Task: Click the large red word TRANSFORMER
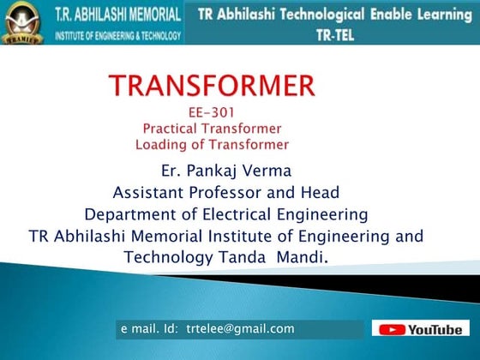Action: [x=212, y=86]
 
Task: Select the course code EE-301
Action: [x=211, y=111]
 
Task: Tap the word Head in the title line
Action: [x=321, y=191]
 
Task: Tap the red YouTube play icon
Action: [x=392, y=329]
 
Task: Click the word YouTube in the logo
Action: [x=435, y=329]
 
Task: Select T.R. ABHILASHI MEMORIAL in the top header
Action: [x=118, y=15]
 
